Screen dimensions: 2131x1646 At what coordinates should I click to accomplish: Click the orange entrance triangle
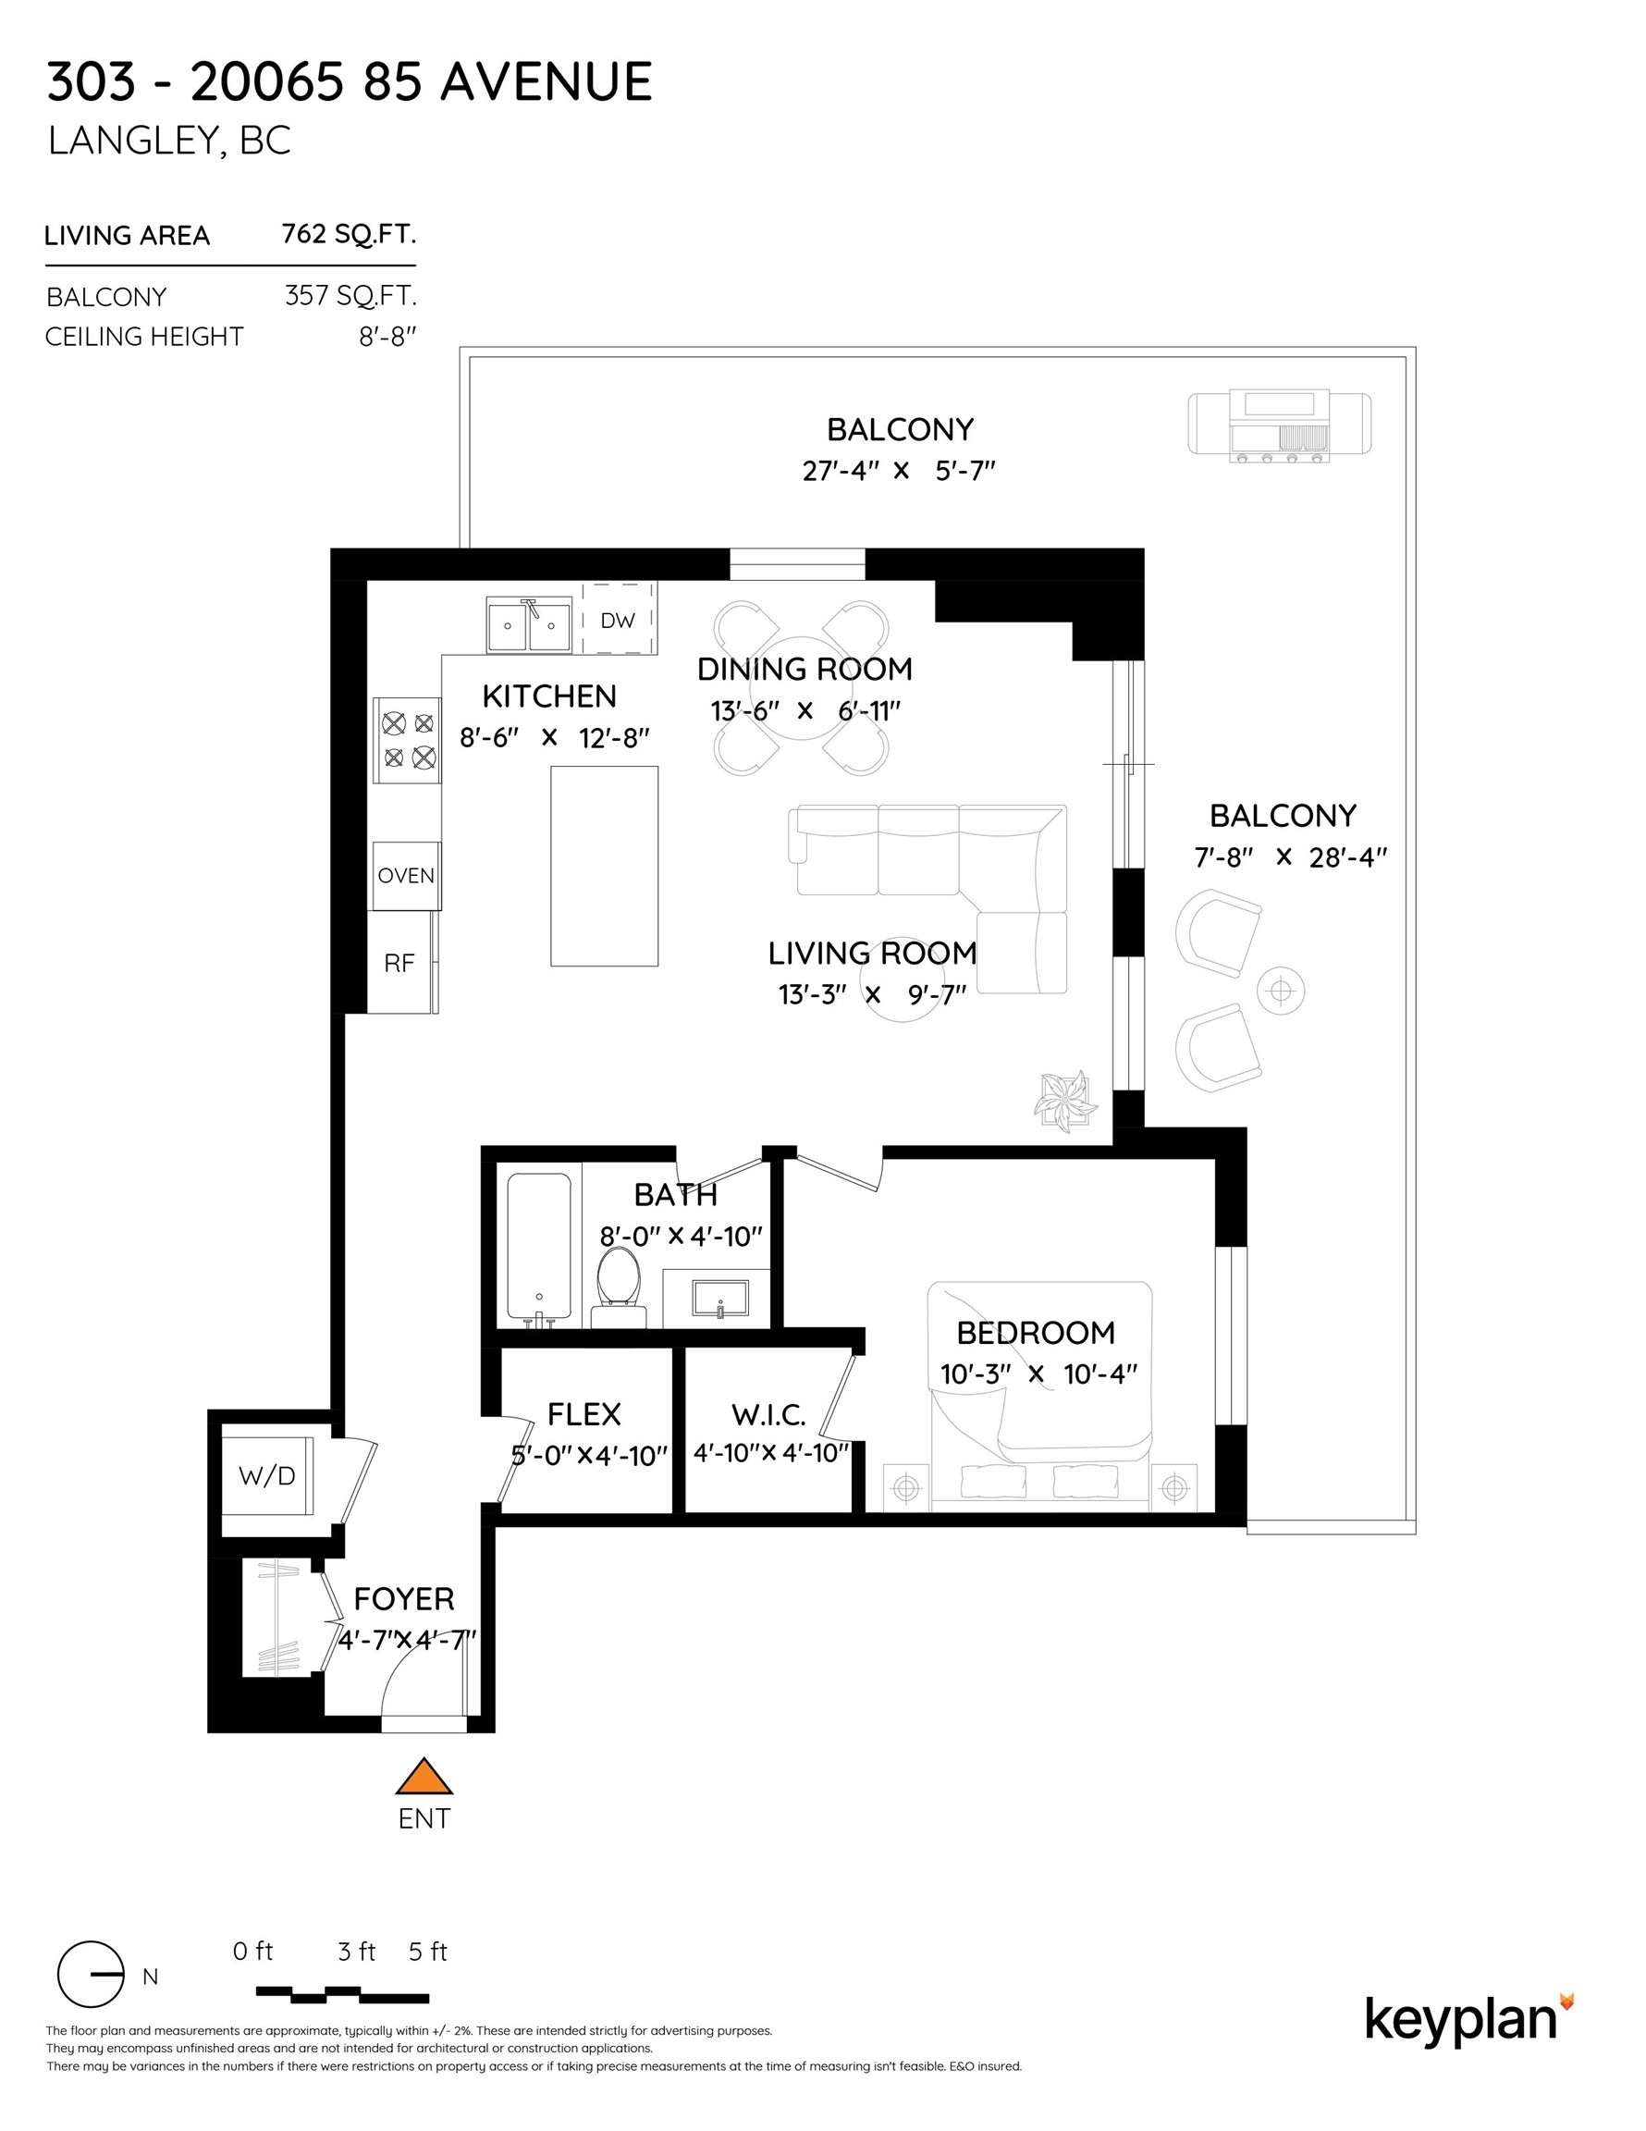click(x=424, y=1779)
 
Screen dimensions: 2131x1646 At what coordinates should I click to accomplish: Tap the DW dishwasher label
click(x=617, y=621)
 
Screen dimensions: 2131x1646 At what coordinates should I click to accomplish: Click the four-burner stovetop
click(x=408, y=741)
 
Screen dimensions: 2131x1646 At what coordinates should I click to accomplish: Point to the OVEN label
click(x=406, y=875)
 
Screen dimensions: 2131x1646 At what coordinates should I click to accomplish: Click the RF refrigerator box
click(x=399, y=963)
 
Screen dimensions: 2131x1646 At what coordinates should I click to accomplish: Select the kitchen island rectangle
click(x=604, y=866)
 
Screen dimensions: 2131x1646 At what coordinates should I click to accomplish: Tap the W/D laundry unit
click(x=267, y=1475)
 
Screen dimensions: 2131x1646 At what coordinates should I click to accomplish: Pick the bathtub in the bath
click(x=538, y=1248)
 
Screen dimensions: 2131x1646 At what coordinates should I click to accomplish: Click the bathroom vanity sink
click(x=720, y=1299)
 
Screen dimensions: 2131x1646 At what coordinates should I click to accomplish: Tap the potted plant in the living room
click(x=1064, y=1101)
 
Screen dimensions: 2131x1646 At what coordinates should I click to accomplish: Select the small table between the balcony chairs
click(x=1280, y=992)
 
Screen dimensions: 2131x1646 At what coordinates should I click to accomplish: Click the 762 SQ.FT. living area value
click(x=349, y=234)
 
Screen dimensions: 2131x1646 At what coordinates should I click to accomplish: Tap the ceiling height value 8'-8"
click(x=387, y=337)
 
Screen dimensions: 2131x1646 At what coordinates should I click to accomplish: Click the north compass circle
click(x=90, y=1975)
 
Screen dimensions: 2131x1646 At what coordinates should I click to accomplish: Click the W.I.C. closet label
click(x=768, y=1415)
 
